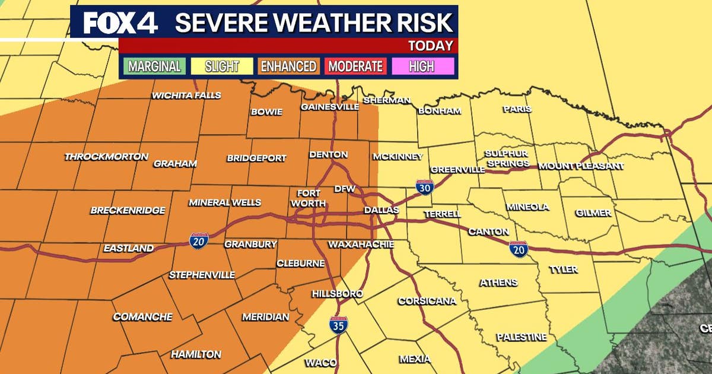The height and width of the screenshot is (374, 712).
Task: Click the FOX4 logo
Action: tap(120, 23)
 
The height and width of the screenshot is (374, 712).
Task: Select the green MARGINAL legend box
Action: tap(154, 66)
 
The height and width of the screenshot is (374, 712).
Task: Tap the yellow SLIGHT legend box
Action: tap(221, 66)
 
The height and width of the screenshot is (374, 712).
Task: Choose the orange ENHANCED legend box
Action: tap(288, 66)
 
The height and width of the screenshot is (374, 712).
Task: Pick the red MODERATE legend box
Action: tap(355, 66)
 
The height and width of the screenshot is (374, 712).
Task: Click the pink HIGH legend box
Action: tap(421, 66)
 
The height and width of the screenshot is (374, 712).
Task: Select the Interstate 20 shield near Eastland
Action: tap(199, 240)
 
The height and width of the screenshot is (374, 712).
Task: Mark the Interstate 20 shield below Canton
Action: tap(518, 249)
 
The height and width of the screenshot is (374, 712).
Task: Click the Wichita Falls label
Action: tap(186, 96)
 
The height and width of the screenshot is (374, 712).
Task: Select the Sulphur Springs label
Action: tap(506, 159)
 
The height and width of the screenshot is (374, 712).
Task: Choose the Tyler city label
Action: tap(563, 270)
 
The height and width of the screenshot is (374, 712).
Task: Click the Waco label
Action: tap(321, 363)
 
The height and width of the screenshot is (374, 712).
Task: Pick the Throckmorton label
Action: tap(106, 157)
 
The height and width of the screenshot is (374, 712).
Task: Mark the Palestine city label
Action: tap(521, 337)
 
